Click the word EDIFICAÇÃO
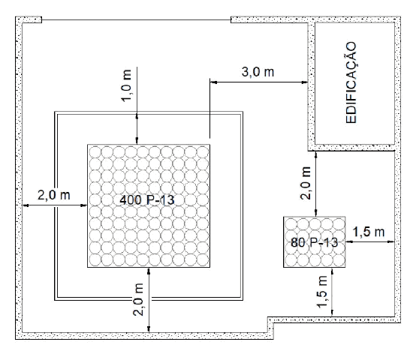coord(351,82)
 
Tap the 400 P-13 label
coord(147,200)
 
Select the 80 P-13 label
coord(315,242)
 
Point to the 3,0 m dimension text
coord(258,72)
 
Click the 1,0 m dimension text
coord(127,85)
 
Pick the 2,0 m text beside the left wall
coord(54,195)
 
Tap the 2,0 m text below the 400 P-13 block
coord(138,299)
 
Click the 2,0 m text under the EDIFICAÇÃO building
coord(306,183)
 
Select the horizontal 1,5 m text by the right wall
coord(369,232)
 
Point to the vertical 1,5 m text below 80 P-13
coord(322,292)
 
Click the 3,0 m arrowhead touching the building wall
coord(305,82)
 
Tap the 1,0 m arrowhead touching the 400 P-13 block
coord(137,141)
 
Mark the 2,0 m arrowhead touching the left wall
coord(26,205)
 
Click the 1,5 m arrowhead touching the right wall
coord(391,241)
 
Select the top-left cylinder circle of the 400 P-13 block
coord(95,152)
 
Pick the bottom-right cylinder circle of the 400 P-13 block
coord(203,259)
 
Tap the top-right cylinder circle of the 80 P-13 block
coord(339,224)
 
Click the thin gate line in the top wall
coord(136,19)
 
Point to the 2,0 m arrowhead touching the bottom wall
coord(149,329)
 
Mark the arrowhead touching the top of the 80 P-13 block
coord(315,213)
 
